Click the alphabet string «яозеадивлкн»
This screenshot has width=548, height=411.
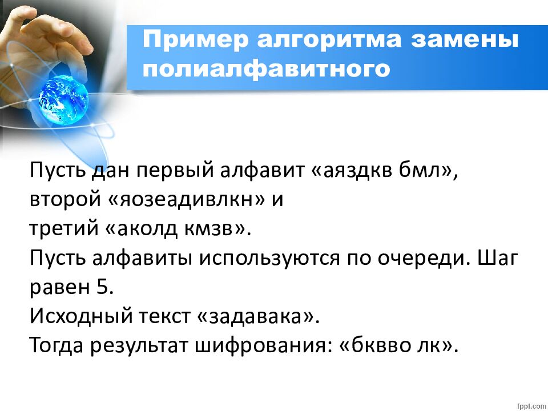click(180, 199)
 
